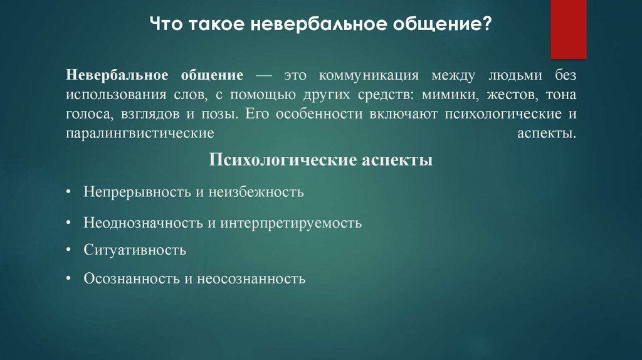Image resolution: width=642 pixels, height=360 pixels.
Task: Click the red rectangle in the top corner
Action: pos(568,29)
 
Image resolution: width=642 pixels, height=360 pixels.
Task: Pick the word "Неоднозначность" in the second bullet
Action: pos(141,223)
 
